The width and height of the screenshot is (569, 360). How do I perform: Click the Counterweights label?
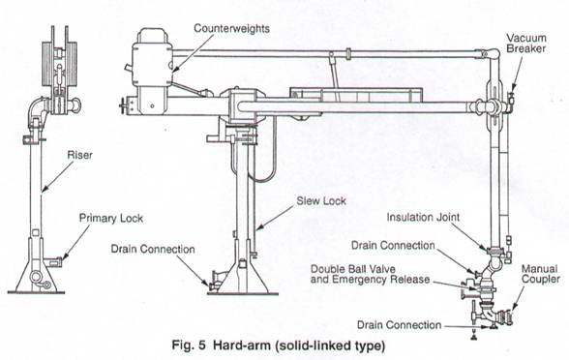click(x=231, y=28)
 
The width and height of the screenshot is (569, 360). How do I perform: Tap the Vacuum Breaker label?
click(x=526, y=44)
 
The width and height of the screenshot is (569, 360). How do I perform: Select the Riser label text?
click(x=79, y=155)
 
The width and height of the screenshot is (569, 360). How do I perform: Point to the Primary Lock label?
click(x=111, y=218)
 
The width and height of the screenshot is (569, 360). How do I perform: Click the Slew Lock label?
click(x=321, y=200)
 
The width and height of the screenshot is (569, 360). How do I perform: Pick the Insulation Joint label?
click(x=423, y=217)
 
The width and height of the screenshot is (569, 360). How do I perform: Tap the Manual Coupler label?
click(x=540, y=274)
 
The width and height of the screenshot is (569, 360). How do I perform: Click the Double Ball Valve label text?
click(x=352, y=269)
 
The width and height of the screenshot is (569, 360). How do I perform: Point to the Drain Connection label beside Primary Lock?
click(x=153, y=249)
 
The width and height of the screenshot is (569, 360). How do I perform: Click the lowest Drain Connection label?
click(x=399, y=325)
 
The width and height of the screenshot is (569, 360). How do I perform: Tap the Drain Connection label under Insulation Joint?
click(x=393, y=246)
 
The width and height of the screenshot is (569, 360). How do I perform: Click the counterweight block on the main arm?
click(x=153, y=65)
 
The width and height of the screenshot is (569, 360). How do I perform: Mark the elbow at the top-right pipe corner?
click(x=492, y=54)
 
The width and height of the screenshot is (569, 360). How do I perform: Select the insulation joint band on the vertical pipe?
click(x=494, y=251)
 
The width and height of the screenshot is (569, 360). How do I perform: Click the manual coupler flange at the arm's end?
click(x=506, y=315)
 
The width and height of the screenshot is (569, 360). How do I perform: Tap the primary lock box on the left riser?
click(x=54, y=260)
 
